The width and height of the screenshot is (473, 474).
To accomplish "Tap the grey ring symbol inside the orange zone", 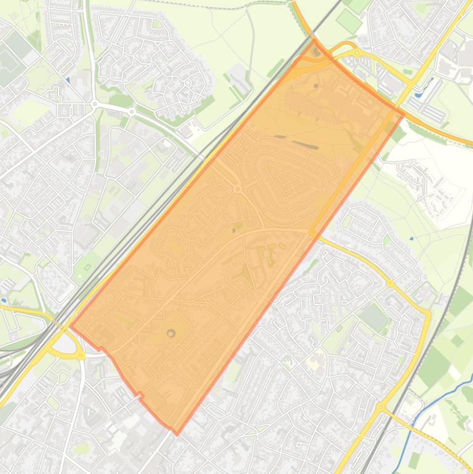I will point(171,333).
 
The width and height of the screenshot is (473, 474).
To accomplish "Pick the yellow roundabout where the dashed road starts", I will point(381,408).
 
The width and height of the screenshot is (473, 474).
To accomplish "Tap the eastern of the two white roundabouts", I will point(132,111).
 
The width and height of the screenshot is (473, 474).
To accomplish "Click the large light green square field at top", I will point(349,22).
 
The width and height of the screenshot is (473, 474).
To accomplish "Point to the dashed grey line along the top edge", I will point(215,7).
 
